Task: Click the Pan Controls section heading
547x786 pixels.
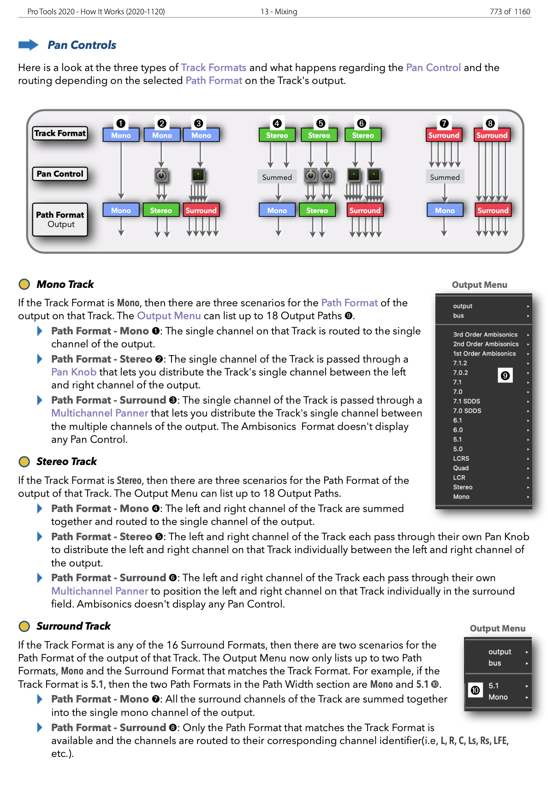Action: (x=82, y=45)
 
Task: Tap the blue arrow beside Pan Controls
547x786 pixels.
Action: (x=28, y=45)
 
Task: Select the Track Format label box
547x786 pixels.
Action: (x=60, y=133)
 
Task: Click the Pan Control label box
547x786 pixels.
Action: (x=60, y=174)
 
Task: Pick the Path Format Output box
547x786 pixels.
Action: (x=60, y=220)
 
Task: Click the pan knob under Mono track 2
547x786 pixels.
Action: (x=161, y=175)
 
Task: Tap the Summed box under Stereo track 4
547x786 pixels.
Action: (x=277, y=177)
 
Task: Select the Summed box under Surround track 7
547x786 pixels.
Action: (x=445, y=177)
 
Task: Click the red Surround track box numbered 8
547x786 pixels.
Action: (x=492, y=135)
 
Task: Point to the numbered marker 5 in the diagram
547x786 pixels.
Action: (x=320, y=123)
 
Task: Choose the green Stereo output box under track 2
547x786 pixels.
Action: (x=161, y=210)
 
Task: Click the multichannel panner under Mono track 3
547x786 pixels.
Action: (x=198, y=175)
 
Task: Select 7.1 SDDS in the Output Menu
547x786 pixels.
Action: (x=466, y=401)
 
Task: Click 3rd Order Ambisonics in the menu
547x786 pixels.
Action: (x=485, y=334)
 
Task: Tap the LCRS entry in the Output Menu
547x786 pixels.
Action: (x=461, y=458)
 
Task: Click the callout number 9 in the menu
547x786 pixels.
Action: (x=505, y=375)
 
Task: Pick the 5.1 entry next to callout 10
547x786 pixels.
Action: (x=493, y=686)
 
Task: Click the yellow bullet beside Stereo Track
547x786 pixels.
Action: (x=24, y=462)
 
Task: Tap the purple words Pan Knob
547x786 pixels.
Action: (x=74, y=372)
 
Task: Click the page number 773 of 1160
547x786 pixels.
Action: (x=510, y=12)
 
